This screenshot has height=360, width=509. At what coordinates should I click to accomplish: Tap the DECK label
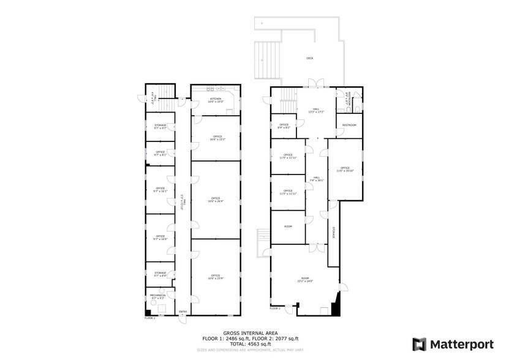pos(310,59)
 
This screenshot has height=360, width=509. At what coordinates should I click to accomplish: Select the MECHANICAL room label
pos(158,296)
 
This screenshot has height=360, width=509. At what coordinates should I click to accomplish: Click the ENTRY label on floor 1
pos(183,312)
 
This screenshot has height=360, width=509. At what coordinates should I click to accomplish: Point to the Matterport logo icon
pos(420,343)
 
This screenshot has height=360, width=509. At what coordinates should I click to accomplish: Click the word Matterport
pos(461,343)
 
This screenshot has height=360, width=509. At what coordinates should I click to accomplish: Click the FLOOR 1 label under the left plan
pos(150,318)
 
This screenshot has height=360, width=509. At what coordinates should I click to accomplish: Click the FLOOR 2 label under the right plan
pos(275,309)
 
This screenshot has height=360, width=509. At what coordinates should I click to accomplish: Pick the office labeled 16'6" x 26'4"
pos(216,200)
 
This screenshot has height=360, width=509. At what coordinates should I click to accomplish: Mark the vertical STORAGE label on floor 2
pos(334,233)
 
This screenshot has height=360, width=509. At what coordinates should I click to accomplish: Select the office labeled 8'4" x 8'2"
pos(284,126)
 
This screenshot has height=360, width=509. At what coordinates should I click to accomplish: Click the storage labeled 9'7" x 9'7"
pos(160,127)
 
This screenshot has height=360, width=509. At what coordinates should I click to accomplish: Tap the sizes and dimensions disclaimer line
pos(251,350)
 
